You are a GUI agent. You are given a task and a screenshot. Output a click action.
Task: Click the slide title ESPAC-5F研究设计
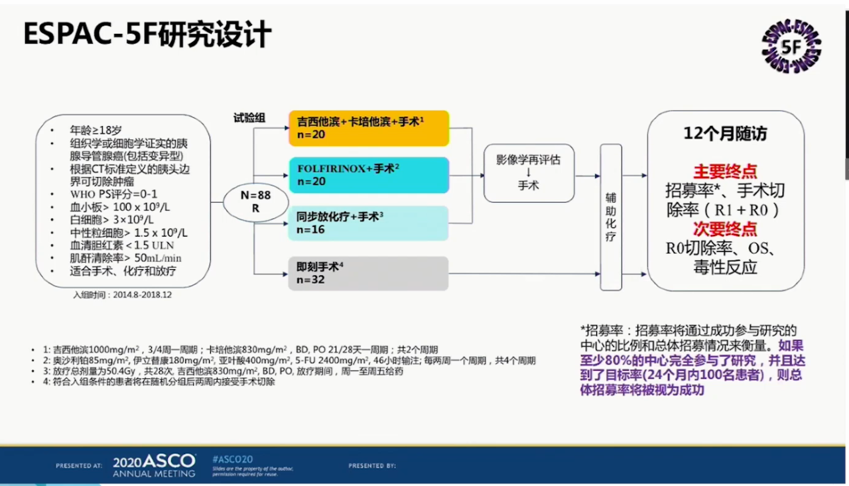(147, 34)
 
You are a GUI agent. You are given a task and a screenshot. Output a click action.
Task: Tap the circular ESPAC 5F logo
(791, 46)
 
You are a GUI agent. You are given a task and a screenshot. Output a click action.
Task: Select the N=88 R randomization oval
(255, 202)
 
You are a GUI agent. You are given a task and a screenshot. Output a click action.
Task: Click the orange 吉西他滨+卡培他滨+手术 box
(369, 128)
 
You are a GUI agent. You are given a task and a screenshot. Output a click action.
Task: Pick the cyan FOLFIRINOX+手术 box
(369, 175)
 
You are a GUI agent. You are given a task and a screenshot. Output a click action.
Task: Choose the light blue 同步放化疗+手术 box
(369, 223)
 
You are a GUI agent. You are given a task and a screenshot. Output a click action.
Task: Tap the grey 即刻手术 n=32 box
(369, 273)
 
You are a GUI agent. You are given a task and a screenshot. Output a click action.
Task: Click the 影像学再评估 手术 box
(529, 173)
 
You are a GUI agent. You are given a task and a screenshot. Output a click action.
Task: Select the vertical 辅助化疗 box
(610, 217)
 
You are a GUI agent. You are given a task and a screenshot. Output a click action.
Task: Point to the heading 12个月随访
(725, 134)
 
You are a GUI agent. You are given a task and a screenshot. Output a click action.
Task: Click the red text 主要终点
(725, 171)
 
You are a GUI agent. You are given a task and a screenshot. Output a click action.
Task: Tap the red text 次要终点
(725, 229)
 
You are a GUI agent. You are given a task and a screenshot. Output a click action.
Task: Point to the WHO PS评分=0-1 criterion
(113, 194)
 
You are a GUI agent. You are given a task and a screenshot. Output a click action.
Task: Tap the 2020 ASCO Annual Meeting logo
(154, 465)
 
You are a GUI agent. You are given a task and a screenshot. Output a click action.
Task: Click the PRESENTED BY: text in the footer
(372, 466)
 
